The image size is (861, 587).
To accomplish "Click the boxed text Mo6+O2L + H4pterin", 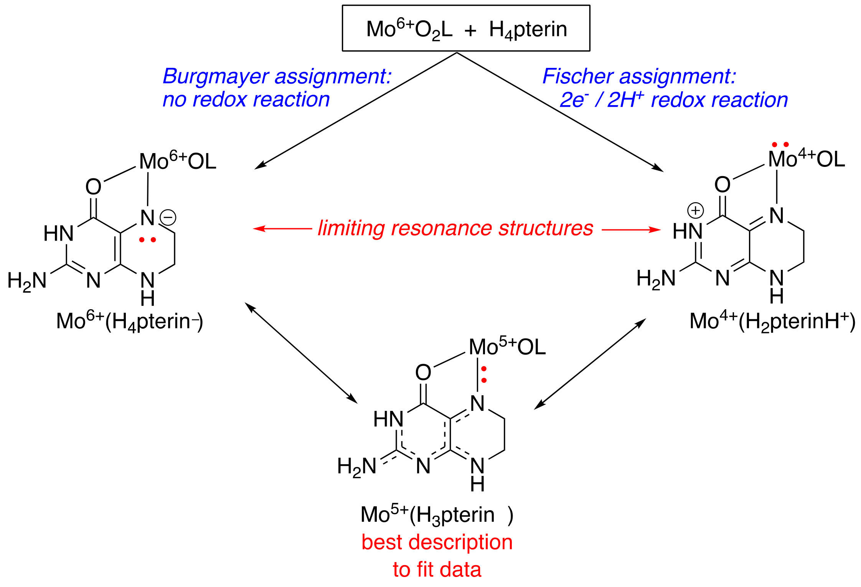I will click(x=466, y=29).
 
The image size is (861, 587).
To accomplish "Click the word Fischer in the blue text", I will click(x=577, y=76).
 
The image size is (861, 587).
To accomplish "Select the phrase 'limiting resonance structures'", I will click(x=455, y=228).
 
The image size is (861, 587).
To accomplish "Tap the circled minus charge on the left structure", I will click(x=168, y=218).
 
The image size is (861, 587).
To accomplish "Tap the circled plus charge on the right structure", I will click(x=695, y=210).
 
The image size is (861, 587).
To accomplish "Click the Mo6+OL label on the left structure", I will click(x=177, y=161).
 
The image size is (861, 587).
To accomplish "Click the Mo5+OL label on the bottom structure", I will click(x=507, y=347).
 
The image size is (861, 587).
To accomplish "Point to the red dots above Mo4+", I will click(x=780, y=145).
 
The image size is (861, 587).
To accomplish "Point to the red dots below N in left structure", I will click(x=147, y=240).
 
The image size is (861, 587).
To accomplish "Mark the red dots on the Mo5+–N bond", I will click(x=484, y=374).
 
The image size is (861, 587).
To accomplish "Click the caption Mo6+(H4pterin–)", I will click(x=130, y=322).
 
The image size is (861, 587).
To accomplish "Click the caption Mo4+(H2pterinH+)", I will click(x=772, y=322).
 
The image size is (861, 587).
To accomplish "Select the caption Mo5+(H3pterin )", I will click(x=437, y=515).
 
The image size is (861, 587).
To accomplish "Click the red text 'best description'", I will click(x=437, y=542).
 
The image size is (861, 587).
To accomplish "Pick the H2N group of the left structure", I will click(x=27, y=281).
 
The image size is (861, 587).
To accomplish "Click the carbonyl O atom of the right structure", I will click(x=722, y=185).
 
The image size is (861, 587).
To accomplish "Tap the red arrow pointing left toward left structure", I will click(x=282, y=229).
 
